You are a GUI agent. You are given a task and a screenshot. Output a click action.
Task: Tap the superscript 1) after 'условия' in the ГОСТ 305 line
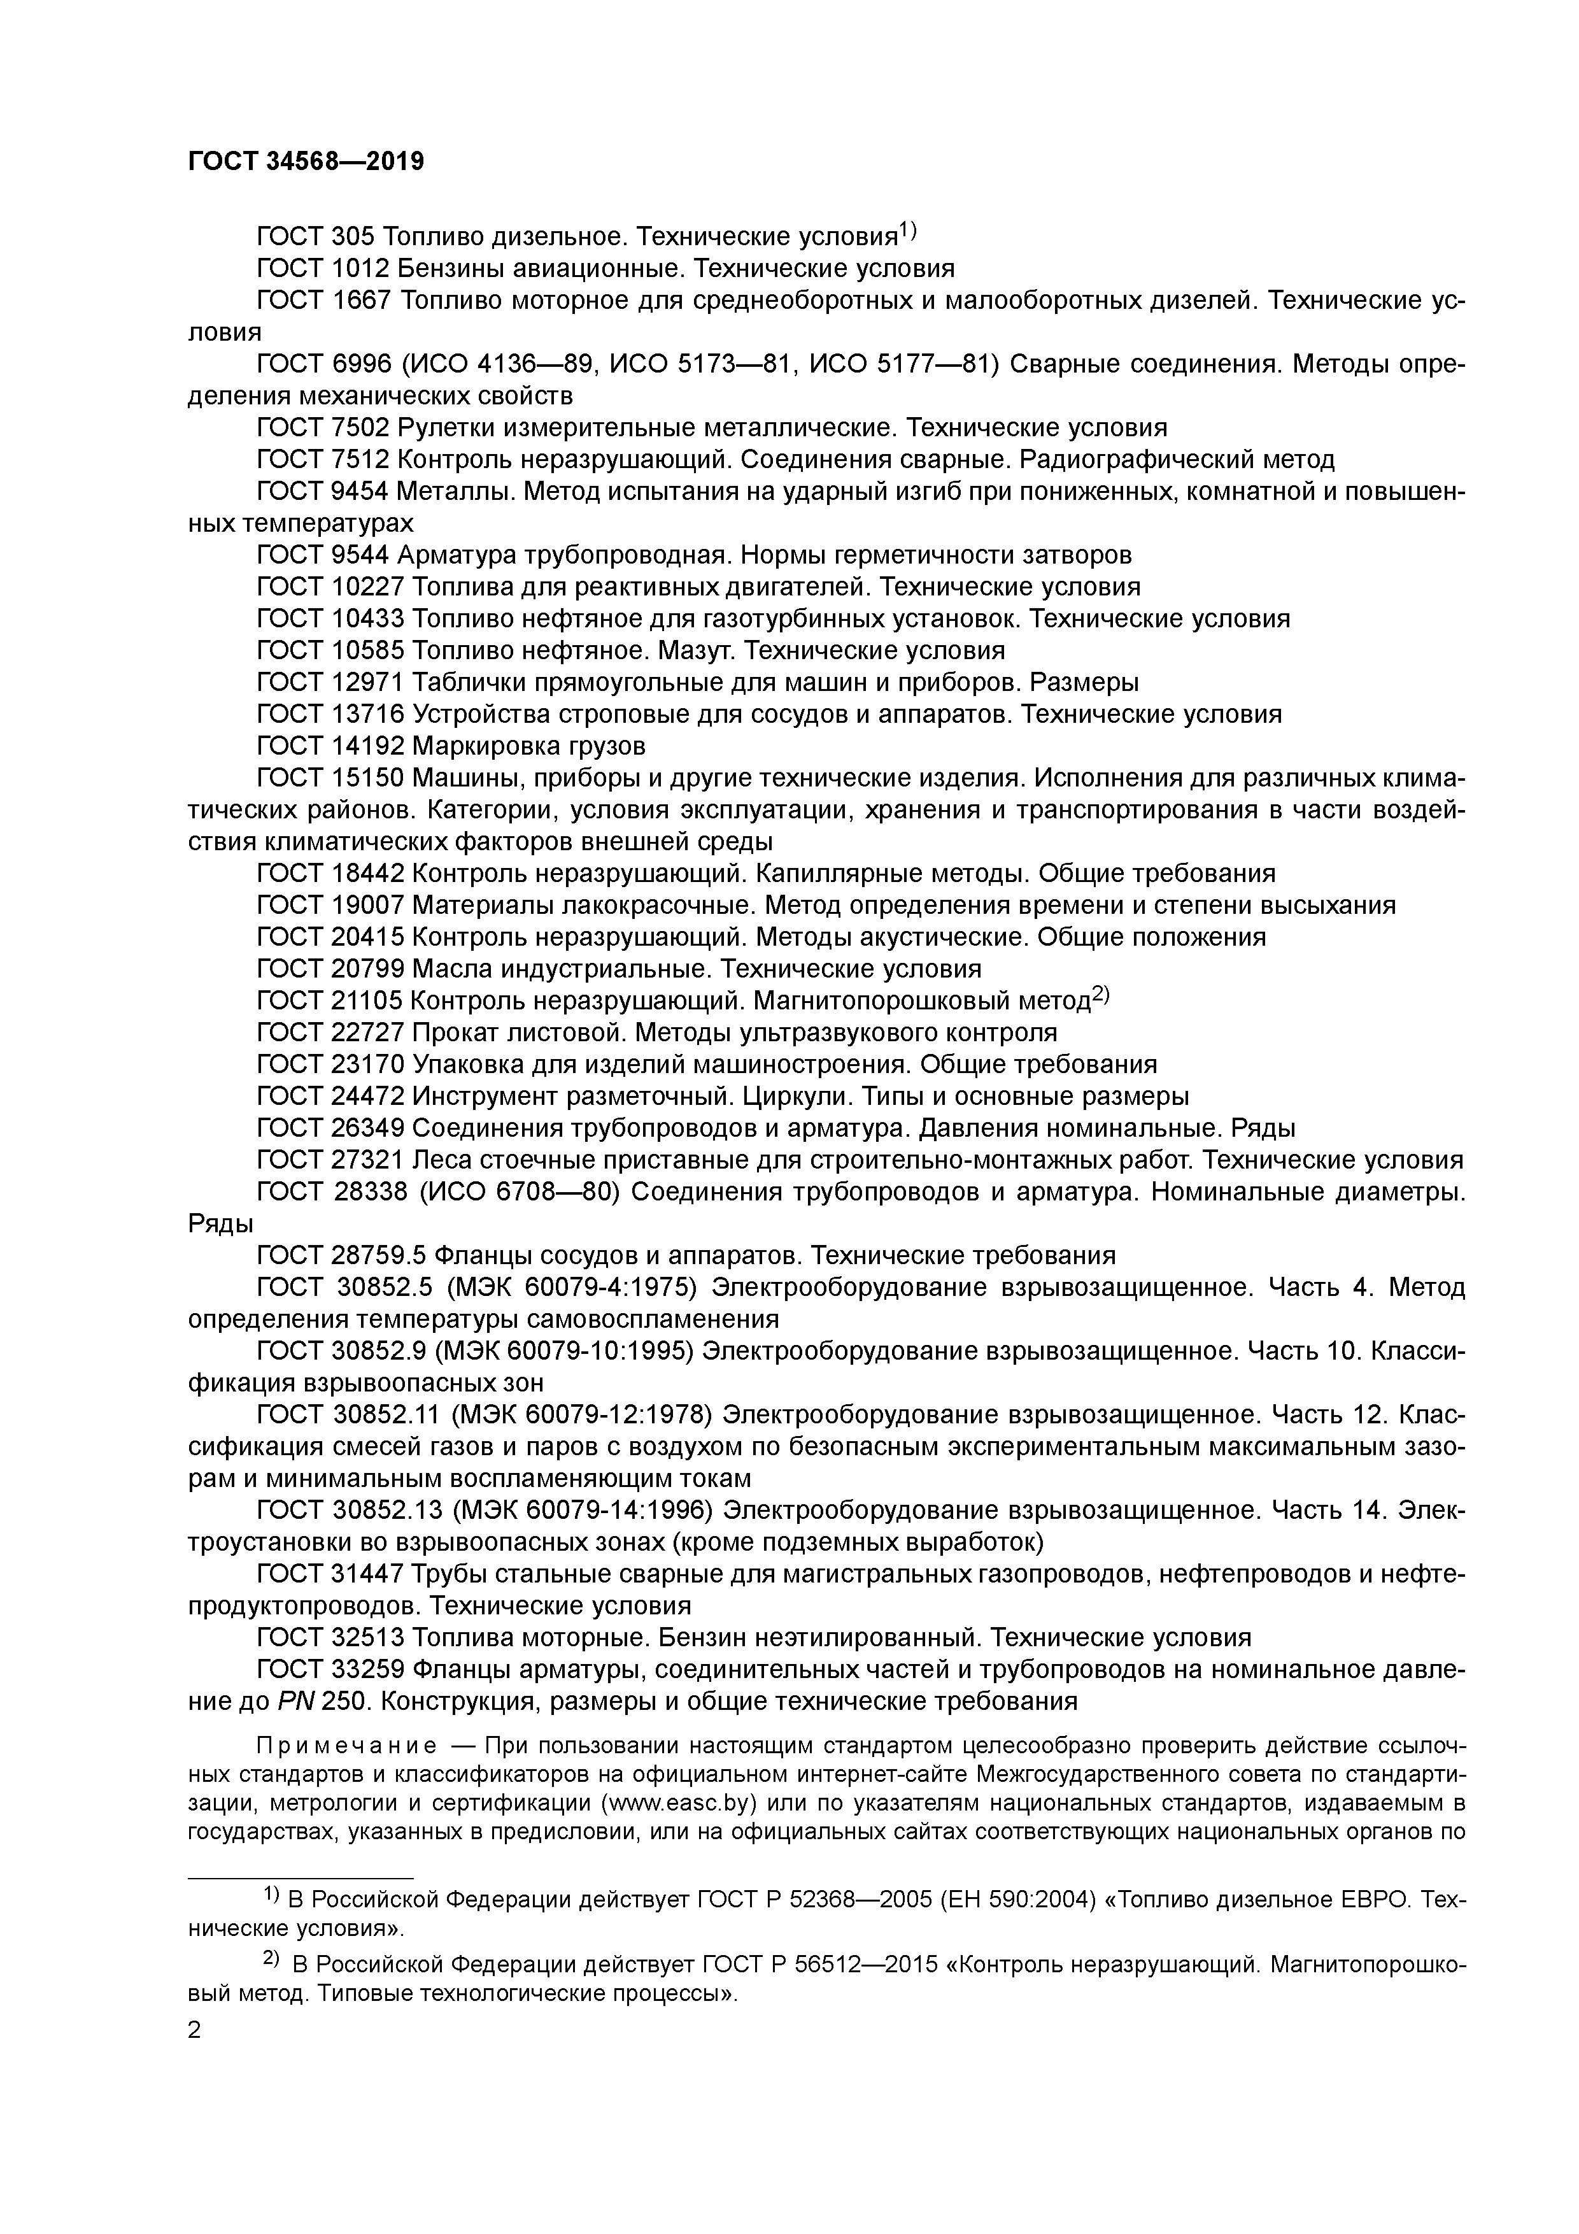coord(907,231)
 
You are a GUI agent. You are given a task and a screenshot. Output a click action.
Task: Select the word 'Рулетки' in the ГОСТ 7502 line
coord(446,428)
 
